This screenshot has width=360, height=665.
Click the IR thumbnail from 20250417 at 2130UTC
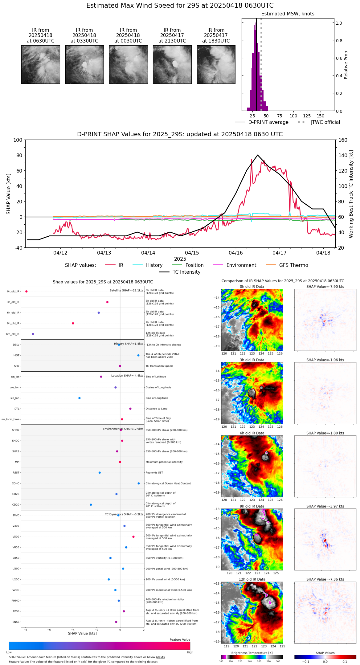pyautogui.click(x=172, y=64)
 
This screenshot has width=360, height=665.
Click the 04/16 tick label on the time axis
pyautogui.click(x=236, y=253)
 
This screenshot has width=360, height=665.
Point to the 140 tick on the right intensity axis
pyautogui.click(x=343, y=155)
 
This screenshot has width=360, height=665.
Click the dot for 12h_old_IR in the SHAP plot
pyautogui.click(x=33, y=334)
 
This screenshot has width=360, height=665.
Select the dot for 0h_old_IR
pyautogui.click(x=27, y=292)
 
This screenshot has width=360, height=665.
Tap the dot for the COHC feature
pyautogui.click(x=139, y=483)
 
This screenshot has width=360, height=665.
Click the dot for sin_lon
pyautogui.click(x=80, y=398)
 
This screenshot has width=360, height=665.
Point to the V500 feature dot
pyautogui.click(x=133, y=537)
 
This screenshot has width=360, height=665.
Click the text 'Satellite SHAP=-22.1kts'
pyautogui.click(x=126, y=291)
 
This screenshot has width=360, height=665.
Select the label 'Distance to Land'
pyautogui.click(x=156, y=409)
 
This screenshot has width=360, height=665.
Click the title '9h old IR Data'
pyautogui.click(x=252, y=506)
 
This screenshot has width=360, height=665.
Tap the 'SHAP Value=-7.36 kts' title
pyautogui.click(x=325, y=580)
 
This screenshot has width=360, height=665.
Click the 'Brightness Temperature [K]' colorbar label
pyautogui.click(x=252, y=653)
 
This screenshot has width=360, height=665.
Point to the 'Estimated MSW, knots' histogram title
pyautogui.click(x=288, y=14)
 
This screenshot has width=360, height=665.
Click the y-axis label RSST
pyautogui.click(x=16, y=473)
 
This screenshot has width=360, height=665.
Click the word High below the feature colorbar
pyautogui.click(x=190, y=652)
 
